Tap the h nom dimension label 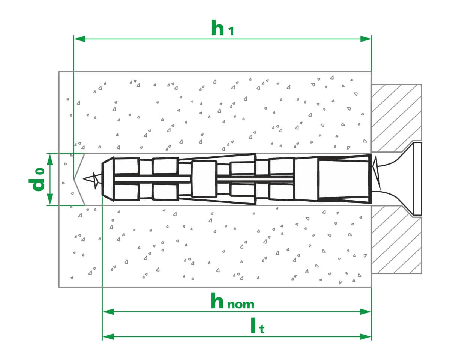[x=232, y=301]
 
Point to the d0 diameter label [x=37, y=180]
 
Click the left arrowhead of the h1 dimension [x=79, y=39]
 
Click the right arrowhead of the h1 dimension [x=366, y=39]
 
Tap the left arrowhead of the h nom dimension [x=108, y=312]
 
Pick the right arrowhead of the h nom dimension [x=366, y=312]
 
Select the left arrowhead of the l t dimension [x=108, y=337]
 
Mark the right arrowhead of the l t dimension [x=366, y=337]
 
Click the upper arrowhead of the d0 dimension [x=50, y=160]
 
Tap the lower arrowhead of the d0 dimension [x=50, y=199]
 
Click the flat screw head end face [x=418, y=179]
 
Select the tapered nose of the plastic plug [x=108, y=179]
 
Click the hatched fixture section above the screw [x=396, y=118]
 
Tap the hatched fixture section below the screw [x=396, y=240]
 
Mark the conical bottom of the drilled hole [x=79, y=179]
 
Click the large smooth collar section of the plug [x=344, y=179]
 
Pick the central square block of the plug [x=204, y=179]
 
